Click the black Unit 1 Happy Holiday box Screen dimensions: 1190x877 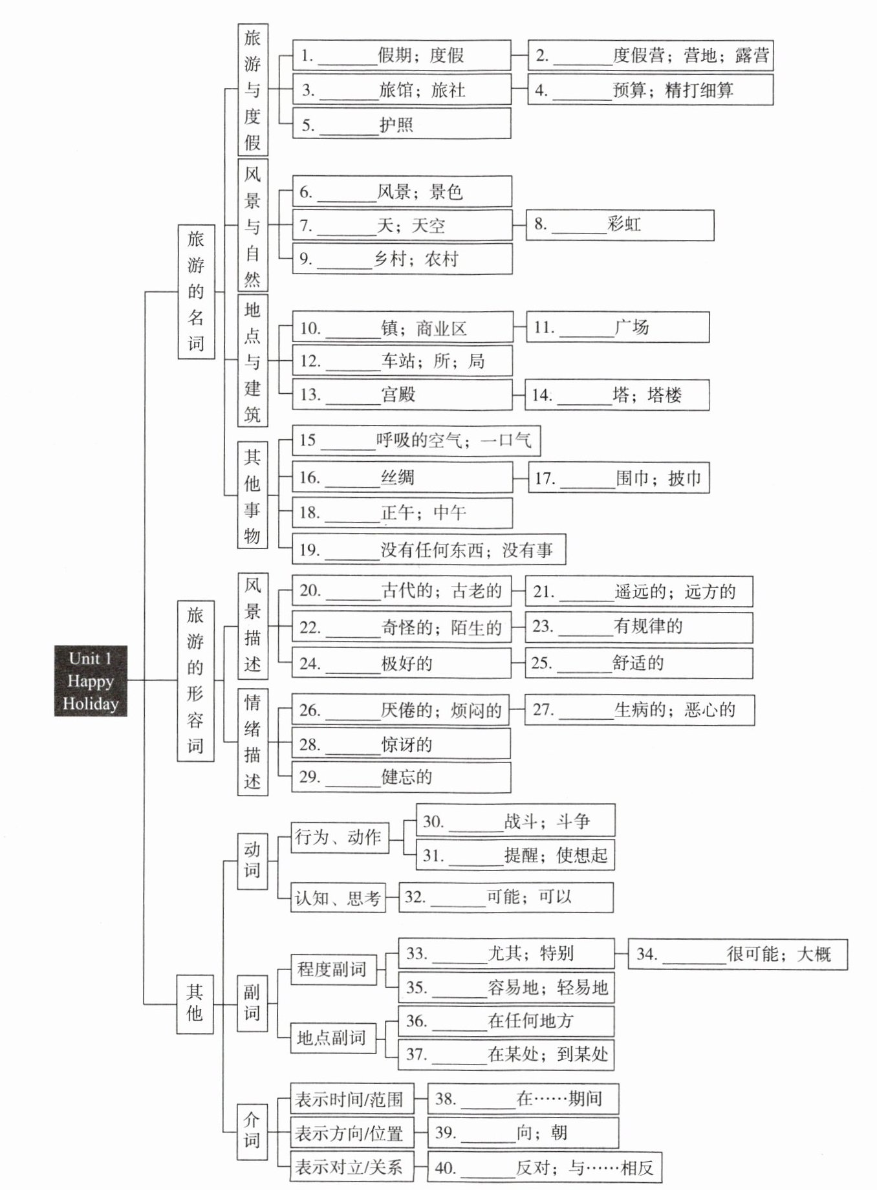[91, 680]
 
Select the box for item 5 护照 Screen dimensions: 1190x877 [401, 124]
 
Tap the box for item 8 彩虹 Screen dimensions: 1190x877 [620, 225]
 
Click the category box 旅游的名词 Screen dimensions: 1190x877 [196, 291]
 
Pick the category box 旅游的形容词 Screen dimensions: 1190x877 [195, 680]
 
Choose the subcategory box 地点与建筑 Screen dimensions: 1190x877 [252, 360]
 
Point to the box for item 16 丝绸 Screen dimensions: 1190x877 [402, 477]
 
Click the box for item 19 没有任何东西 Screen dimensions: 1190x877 [429, 550]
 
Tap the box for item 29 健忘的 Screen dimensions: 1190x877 [401, 777]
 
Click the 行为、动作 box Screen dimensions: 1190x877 [338, 837]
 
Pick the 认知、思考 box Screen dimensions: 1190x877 [338, 898]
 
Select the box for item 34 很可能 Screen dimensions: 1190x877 [737, 954]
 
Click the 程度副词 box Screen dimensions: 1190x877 [333, 969]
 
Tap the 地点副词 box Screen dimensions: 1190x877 [332, 1038]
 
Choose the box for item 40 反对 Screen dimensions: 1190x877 [545, 1167]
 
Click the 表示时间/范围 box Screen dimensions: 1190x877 [349, 1099]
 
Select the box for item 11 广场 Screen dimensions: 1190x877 [617, 327]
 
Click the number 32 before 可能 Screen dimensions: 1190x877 [414, 897]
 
